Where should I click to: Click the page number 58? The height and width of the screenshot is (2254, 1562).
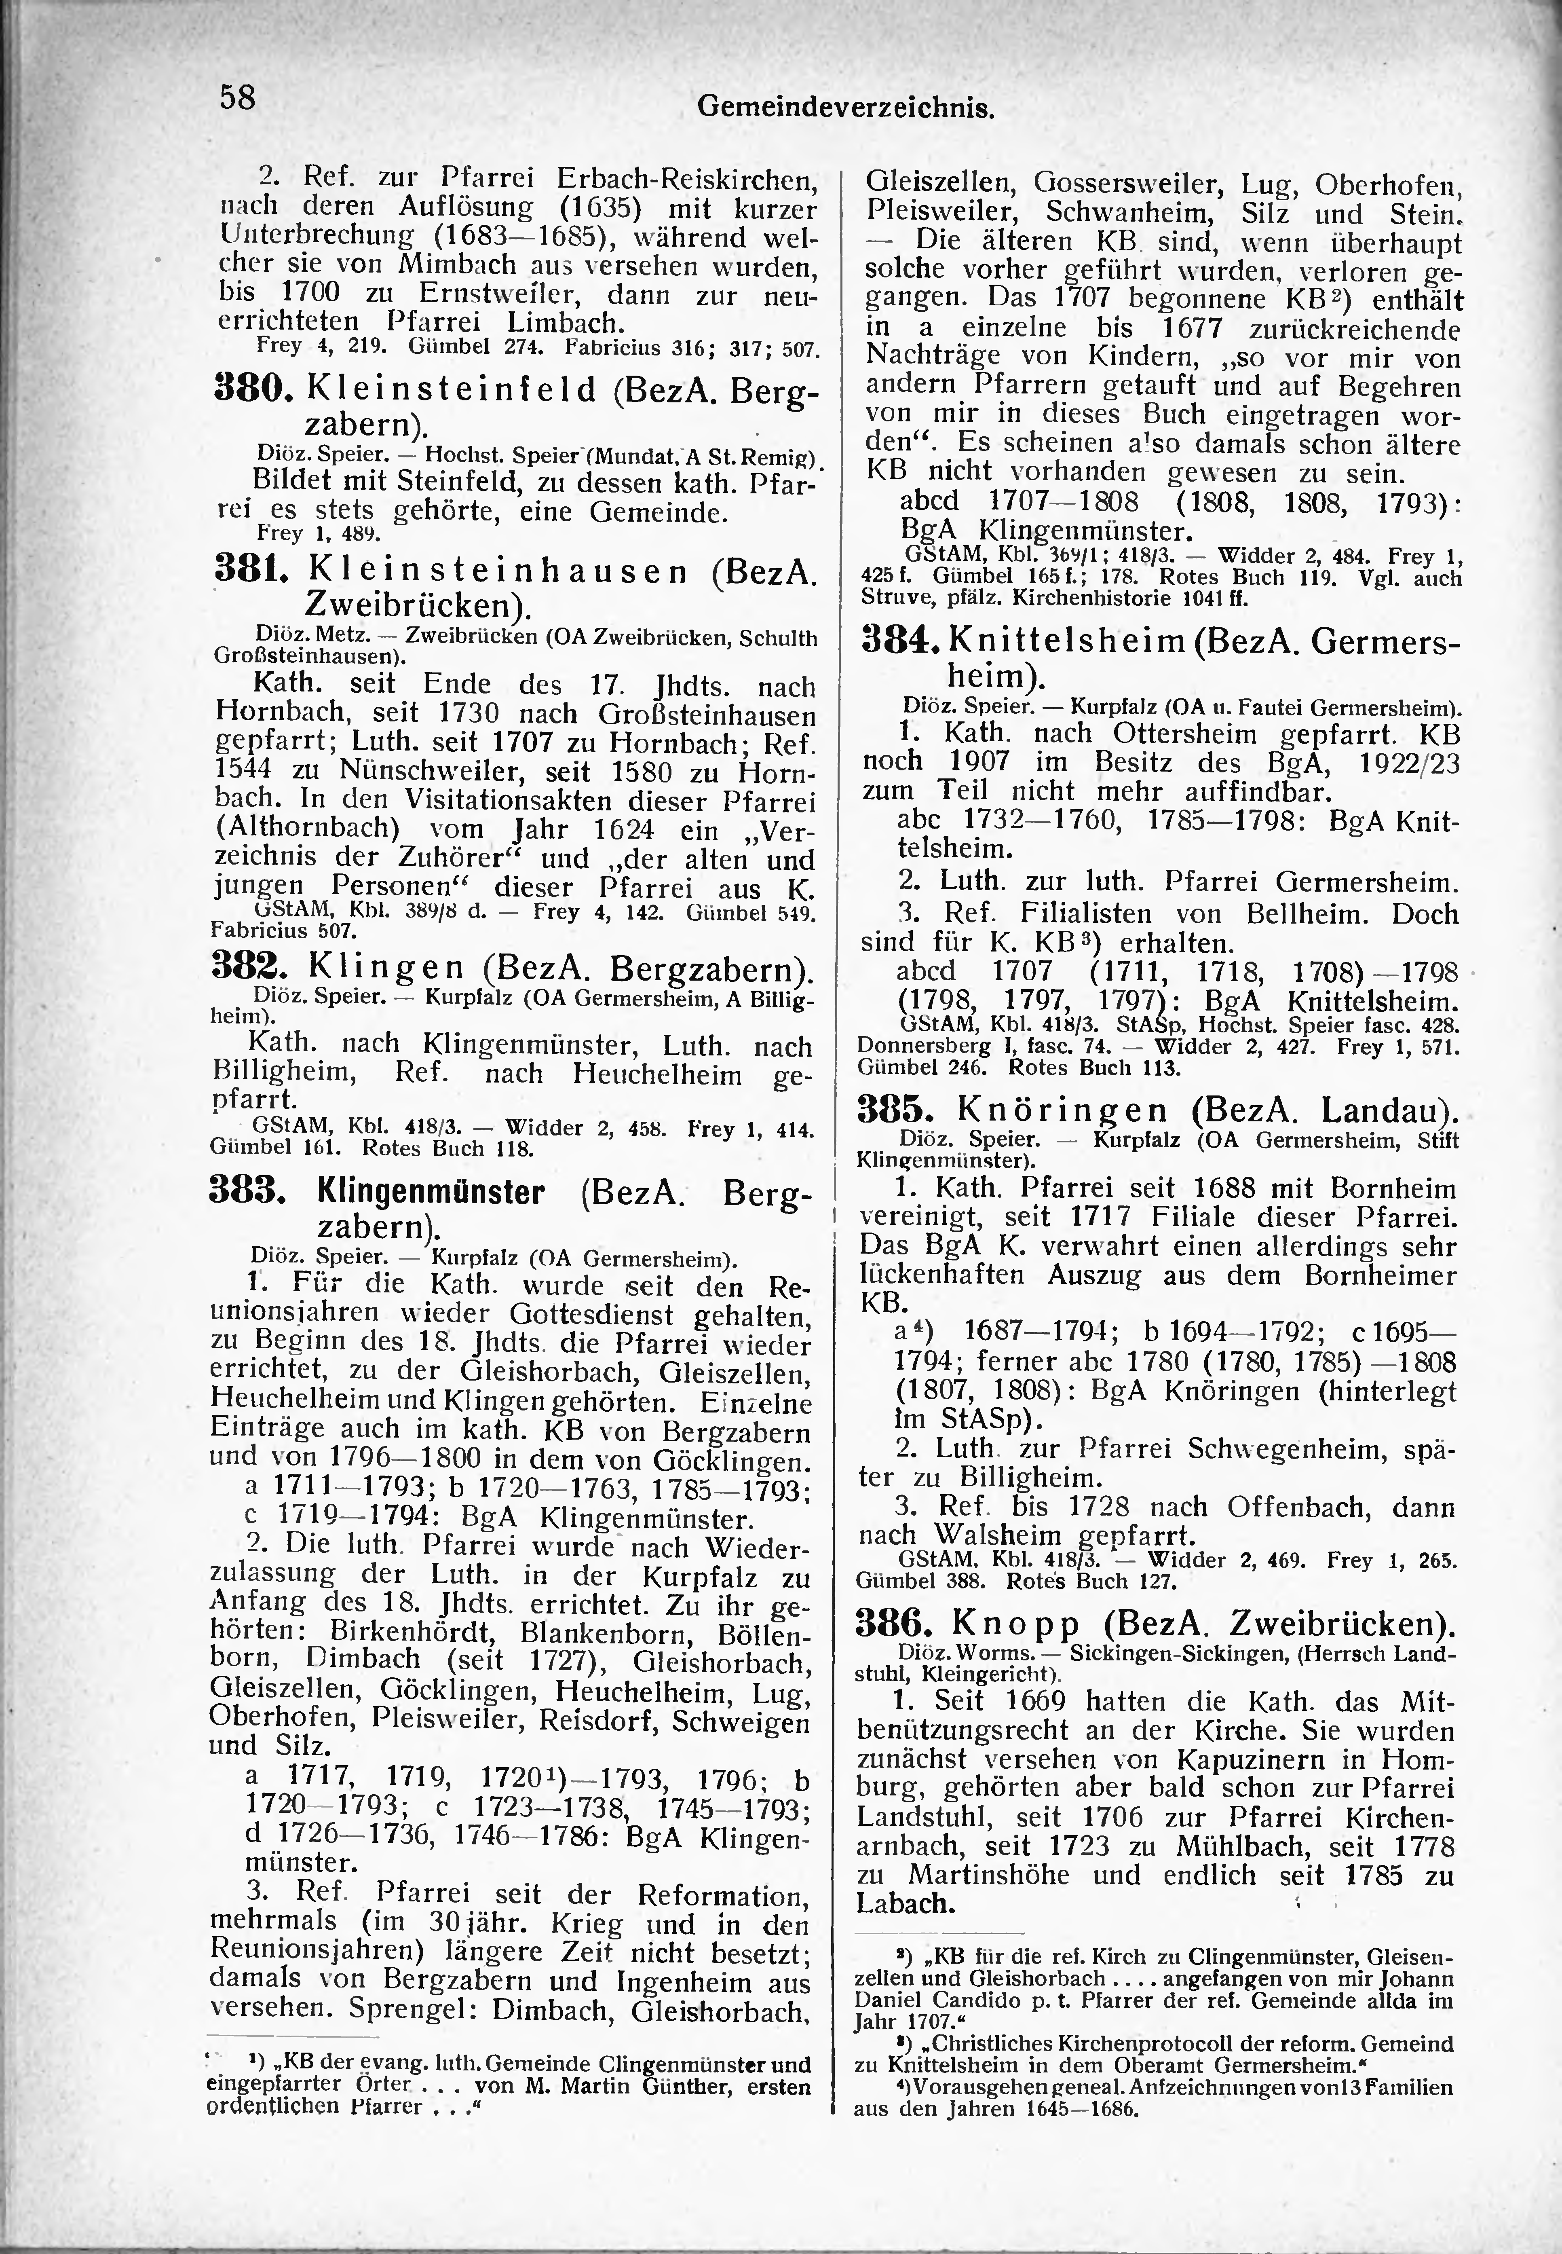237,98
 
